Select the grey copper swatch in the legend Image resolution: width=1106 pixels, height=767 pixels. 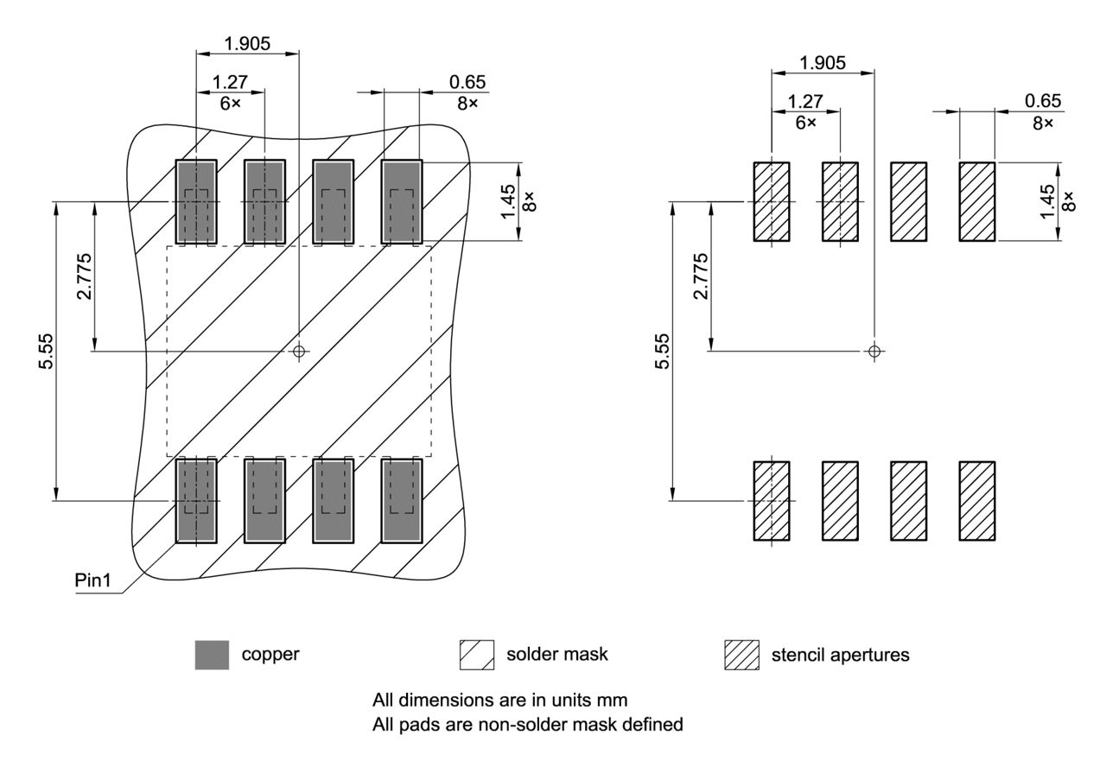click(x=212, y=655)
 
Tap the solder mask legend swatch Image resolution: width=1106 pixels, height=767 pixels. click(x=476, y=655)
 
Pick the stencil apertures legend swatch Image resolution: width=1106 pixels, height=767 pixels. click(x=741, y=655)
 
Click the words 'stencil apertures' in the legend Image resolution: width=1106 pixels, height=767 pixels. click(x=840, y=655)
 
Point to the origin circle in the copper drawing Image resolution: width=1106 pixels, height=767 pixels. click(x=299, y=351)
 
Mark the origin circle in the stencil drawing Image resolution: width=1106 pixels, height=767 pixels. click(x=874, y=351)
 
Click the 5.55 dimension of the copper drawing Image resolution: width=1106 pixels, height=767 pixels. click(x=46, y=351)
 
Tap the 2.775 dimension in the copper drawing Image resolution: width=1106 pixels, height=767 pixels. click(x=84, y=276)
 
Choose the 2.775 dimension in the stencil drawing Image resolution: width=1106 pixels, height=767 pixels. click(x=701, y=276)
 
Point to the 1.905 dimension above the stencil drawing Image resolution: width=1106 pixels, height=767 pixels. click(x=823, y=62)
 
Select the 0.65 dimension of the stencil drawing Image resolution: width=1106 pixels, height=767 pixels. click(x=1043, y=100)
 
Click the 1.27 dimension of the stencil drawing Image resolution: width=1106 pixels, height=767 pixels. click(x=805, y=100)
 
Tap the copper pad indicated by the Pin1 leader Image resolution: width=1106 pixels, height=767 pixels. click(x=196, y=501)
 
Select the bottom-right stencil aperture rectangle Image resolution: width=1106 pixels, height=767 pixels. click(x=977, y=501)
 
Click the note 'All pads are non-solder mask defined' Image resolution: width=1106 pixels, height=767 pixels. click(x=527, y=725)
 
